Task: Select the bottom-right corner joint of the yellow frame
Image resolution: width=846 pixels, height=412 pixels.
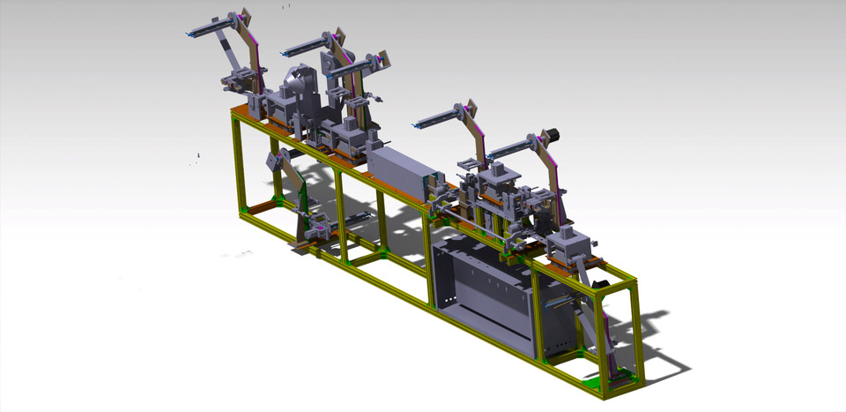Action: click(x=633, y=381)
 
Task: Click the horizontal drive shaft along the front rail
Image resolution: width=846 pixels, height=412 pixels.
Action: click(x=467, y=221)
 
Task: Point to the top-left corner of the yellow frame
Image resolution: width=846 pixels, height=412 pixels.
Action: click(x=235, y=112)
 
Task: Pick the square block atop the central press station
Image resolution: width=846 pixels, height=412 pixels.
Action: click(x=498, y=170)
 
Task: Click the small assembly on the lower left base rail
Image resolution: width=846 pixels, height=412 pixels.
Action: click(x=317, y=231)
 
